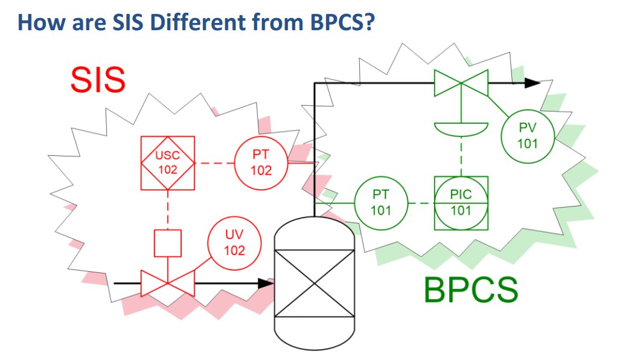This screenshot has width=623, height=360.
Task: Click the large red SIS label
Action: tap(98, 80)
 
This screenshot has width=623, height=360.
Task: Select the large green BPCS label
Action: tap(471, 290)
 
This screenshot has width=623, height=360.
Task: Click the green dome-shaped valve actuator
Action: tap(461, 129)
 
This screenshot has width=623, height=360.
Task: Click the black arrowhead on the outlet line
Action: tap(532, 83)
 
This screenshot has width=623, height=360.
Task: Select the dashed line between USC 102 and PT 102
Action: tap(214, 163)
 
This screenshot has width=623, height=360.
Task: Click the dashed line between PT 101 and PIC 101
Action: tap(421, 203)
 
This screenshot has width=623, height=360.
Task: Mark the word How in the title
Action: tap(41, 22)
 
